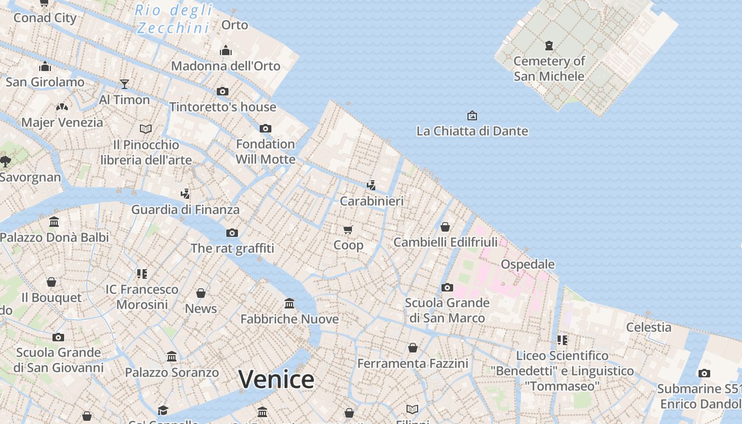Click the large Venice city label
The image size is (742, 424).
point(276,379)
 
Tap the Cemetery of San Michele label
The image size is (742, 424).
point(549,68)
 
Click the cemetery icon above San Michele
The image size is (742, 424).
point(549,46)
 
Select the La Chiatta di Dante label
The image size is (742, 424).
point(472,131)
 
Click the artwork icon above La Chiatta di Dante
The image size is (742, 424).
point(472,116)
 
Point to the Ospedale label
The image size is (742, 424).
point(527,264)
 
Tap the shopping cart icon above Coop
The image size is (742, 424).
point(348,229)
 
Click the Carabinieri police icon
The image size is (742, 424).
point(372,185)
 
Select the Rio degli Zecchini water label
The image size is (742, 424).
point(173,19)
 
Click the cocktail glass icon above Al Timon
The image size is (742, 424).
point(125,84)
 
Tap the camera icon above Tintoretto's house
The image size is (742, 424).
point(223,91)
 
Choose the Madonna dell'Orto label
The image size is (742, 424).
point(225,66)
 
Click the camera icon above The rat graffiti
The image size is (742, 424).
point(232,233)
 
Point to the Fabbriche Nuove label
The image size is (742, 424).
point(289,319)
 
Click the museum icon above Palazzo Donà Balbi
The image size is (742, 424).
point(54,222)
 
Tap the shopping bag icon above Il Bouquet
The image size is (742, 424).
point(51,282)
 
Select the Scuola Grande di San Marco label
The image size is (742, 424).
point(447,310)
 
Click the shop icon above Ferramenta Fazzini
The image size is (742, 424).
point(413,348)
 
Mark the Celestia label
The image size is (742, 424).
point(649,327)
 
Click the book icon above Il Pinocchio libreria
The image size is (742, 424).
point(146,129)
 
